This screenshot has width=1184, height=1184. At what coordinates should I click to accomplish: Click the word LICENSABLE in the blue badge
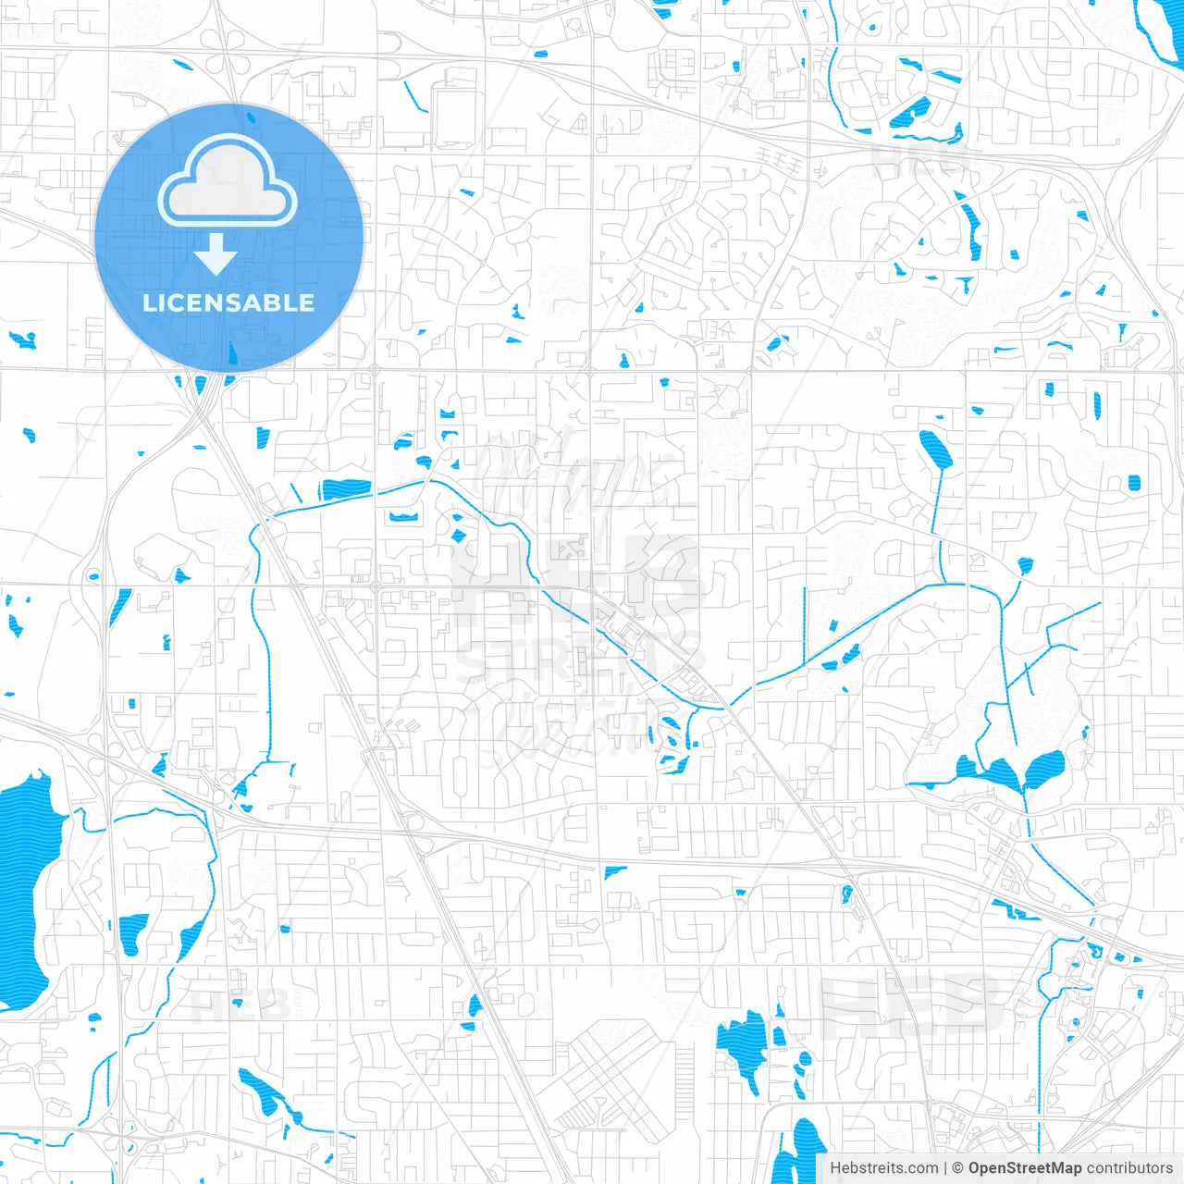click(228, 303)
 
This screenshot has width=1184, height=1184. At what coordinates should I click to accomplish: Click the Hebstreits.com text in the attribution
click(884, 1168)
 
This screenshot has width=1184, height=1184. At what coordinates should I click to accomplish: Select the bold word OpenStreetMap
click(1025, 1168)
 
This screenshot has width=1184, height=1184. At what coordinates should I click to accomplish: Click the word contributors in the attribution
click(1129, 1168)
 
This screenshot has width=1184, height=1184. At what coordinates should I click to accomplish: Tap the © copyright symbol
click(958, 1168)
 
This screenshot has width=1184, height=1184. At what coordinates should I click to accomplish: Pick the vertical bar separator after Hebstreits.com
click(945, 1168)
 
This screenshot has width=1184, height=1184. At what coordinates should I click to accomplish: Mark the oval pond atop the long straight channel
click(935, 449)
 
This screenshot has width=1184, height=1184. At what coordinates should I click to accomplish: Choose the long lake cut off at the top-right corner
click(1160, 32)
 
